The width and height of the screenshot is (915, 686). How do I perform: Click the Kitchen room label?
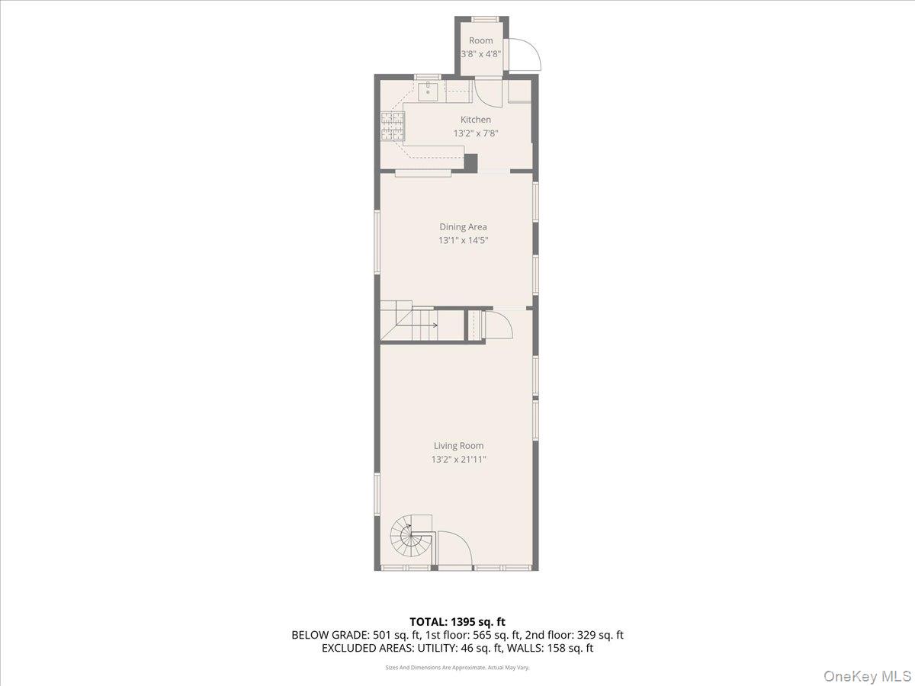[475, 120]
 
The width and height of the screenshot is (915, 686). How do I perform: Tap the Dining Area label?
[463, 226]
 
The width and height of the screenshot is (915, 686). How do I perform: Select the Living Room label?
[458, 446]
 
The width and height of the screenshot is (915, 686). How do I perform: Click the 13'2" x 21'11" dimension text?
[458, 460]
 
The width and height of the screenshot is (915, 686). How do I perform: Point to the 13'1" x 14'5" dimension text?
[463, 240]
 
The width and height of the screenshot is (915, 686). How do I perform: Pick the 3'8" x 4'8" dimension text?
[480, 54]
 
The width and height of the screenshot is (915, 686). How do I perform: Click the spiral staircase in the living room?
[410, 537]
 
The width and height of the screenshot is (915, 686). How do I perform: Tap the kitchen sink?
[429, 91]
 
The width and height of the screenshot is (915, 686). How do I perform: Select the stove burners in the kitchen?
[391, 127]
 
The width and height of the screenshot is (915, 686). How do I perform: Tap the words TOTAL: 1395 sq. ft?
[457, 622]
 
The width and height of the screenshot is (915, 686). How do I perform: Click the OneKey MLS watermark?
[875, 675]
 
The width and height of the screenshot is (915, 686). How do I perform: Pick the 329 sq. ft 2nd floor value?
[601, 635]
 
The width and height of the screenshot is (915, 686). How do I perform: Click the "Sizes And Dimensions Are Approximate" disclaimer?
[457, 668]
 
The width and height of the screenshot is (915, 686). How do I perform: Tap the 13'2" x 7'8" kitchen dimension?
[475, 133]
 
